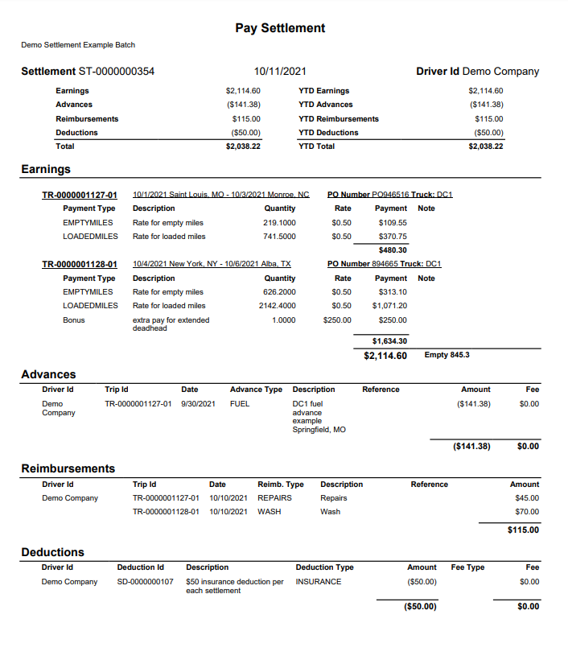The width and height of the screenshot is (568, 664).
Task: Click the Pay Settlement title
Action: point(280,28)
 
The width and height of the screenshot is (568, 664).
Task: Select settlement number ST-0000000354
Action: point(116,72)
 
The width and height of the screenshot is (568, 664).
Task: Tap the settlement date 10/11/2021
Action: point(280,72)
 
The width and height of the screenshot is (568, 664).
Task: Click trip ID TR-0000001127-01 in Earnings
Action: point(80,195)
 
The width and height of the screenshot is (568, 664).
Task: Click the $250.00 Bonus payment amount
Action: point(393,320)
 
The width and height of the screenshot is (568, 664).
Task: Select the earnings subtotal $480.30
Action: point(393,250)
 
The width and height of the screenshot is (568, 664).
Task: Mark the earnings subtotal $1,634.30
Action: point(389,340)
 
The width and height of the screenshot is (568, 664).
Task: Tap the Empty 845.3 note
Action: point(447,355)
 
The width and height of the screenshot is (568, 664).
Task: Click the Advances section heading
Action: point(48,374)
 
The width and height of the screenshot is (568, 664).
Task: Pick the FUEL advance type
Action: point(240,403)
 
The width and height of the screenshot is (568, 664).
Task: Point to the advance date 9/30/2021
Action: point(198,403)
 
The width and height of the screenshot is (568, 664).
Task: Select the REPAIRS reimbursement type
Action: point(274,498)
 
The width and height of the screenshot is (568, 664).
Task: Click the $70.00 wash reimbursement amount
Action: point(527,512)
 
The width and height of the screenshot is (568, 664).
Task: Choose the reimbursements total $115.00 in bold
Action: point(524,530)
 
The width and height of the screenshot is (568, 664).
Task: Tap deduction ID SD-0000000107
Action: point(145,582)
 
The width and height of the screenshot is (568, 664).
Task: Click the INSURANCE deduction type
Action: point(319,582)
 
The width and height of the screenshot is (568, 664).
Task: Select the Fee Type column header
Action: point(467,567)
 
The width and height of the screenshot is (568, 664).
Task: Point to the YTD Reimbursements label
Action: point(338,119)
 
